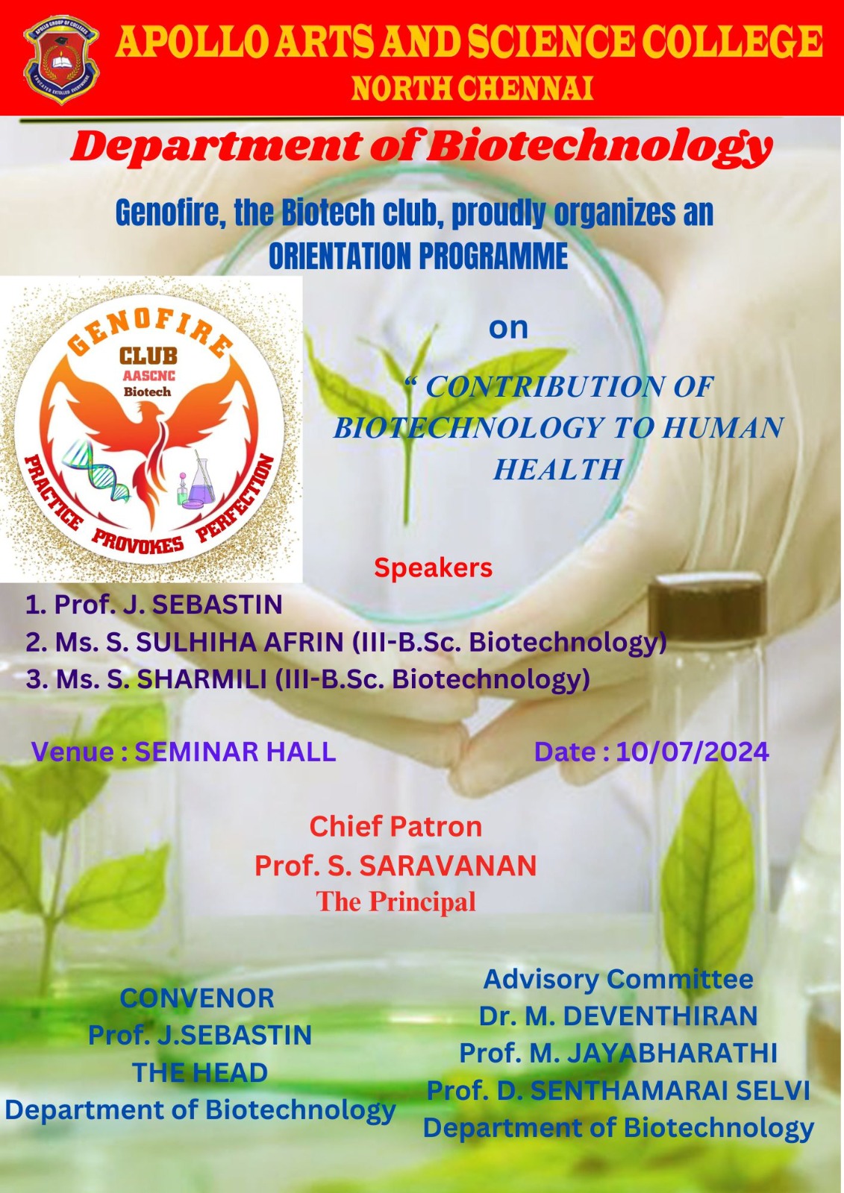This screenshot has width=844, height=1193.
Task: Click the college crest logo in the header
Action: [x=60, y=60]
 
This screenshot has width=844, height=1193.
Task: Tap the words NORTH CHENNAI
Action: [x=472, y=89]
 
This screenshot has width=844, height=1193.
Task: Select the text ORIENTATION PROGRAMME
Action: [x=418, y=256]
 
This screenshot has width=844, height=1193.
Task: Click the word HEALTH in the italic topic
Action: [x=557, y=469]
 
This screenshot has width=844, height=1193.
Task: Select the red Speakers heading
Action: [x=433, y=567]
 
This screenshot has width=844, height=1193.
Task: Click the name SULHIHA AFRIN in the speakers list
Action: [x=240, y=643]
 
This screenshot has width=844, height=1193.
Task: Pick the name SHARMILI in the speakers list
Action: [x=202, y=679]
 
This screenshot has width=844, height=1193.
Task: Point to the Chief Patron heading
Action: [x=396, y=827]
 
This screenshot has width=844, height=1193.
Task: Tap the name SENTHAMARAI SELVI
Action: [x=669, y=1091]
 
